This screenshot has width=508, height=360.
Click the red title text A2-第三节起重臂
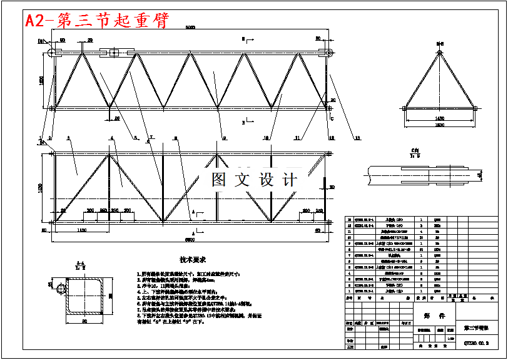96,21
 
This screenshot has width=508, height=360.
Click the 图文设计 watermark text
254,180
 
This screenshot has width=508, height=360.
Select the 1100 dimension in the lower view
81,230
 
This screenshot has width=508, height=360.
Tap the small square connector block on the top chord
113,53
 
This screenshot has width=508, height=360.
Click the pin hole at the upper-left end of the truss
54,52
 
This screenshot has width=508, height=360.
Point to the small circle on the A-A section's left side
61,288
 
